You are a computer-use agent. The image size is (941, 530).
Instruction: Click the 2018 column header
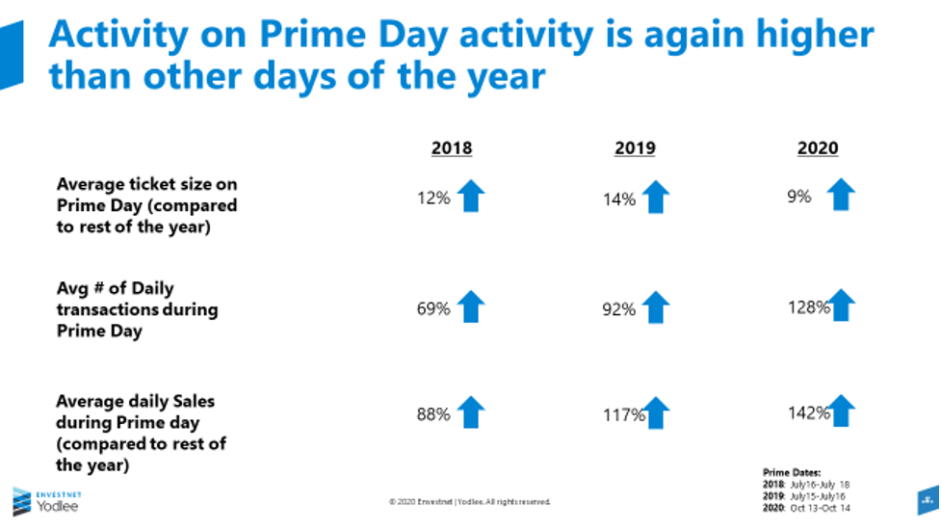coord(452,148)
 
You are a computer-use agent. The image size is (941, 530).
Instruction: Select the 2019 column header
coord(635,148)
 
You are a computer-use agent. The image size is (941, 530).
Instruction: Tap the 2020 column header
coord(818,148)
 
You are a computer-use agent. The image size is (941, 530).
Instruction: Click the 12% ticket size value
coord(434,199)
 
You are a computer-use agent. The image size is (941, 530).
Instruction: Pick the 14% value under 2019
coord(620,199)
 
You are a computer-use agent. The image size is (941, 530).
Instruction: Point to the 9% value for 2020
coord(799,197)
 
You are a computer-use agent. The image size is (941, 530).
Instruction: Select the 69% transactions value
coord(434,309)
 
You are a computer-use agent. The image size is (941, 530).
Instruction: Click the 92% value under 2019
coord(620,309)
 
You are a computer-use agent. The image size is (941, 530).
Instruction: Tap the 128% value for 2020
coord(809,307)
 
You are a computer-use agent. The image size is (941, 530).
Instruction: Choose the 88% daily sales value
coord(434,414)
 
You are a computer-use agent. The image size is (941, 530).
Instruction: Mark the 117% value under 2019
coord(623,415)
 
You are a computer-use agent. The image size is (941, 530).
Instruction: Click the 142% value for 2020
coord(809,413)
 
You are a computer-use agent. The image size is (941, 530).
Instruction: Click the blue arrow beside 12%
coord(470,196)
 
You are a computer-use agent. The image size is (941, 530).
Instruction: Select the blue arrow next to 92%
coord(655,307)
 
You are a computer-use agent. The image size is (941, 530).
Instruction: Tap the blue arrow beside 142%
coord(841,410)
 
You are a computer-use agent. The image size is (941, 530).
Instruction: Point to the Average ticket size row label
coord(146,204)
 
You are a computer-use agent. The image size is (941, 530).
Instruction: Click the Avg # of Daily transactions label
coord(137,309)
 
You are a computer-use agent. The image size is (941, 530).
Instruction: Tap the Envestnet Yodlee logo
coord(45,501)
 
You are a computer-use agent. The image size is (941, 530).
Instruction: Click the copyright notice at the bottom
coord(469,501)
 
